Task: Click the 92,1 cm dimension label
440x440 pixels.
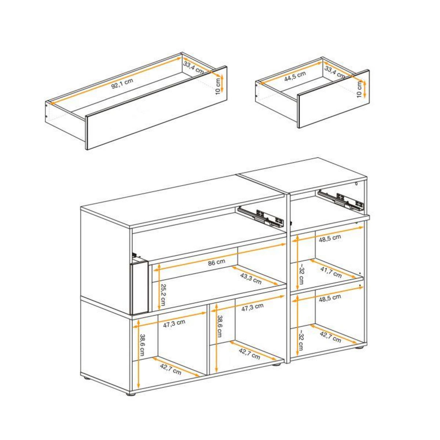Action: pyautogui.click(x=122, y=82)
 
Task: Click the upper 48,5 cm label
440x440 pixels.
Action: pyautogui.click(x=329, y=238)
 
